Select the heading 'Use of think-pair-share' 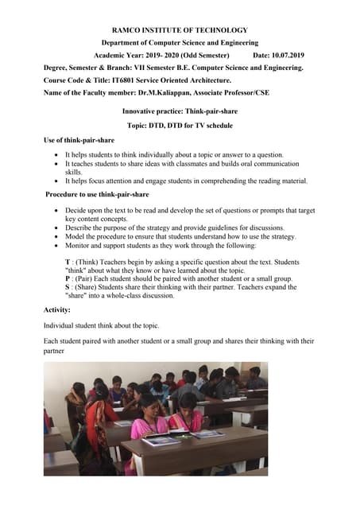[79, 140]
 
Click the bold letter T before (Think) [68, 261]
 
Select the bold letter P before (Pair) [68, 278]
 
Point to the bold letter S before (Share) [68, 287]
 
